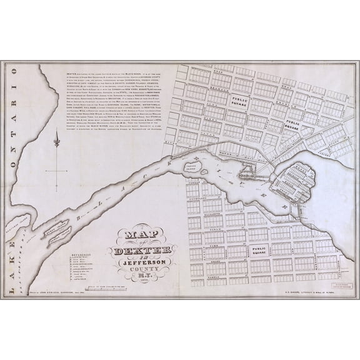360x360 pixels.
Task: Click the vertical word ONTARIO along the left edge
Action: click(x=16, y=140)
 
